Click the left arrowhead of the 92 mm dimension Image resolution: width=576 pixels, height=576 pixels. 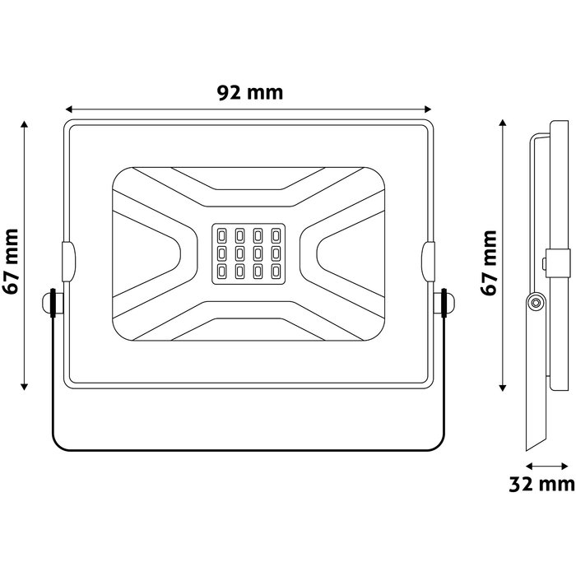(x=69, y=109)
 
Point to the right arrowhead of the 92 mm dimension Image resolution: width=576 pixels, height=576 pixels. (x=427, y=109)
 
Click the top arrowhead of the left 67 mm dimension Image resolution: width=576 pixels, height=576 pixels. (x=26, y=126)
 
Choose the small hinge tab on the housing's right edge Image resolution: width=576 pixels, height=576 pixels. (x=428, y=259)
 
